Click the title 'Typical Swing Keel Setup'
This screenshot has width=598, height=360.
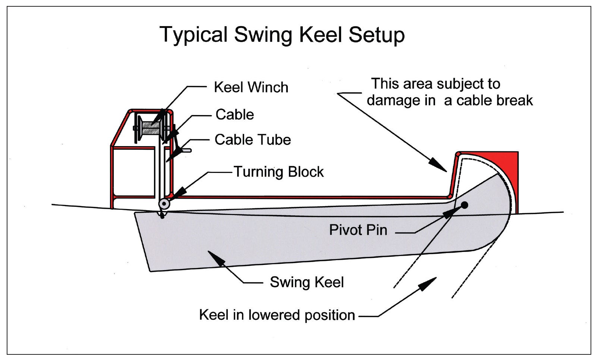[x=282, y=35]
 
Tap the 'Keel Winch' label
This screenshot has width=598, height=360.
[x=251, y=87]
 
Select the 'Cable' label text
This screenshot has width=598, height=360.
[x=235, y=114]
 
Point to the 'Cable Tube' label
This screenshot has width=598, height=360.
[x=252, y=140]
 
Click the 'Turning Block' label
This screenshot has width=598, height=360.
[x=278, y=172]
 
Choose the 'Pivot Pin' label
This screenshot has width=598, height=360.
[x=358, y=230]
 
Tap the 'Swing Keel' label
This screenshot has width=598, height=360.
[x=306, y=282]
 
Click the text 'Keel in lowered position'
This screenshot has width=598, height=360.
[x=277, y=315]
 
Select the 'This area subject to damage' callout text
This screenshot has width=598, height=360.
[x=449, y=92]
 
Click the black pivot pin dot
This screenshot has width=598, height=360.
[x=465, y=205]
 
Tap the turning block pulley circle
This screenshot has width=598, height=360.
[x=164, y=204]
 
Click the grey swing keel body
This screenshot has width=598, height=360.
[x=298, y=235]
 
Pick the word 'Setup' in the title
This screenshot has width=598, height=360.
[x=377, y=35]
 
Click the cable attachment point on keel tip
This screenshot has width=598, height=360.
[x=162, y=216]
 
